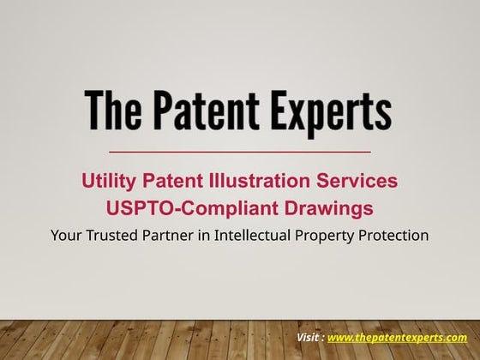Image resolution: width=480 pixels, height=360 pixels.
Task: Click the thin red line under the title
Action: pyautogui.click(x=240, y=152)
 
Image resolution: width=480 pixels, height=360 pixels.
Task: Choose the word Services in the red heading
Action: pyautogui.click(x=363, y=181)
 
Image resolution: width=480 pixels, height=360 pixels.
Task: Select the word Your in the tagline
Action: pyautogui.click(x=68, y=233)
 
